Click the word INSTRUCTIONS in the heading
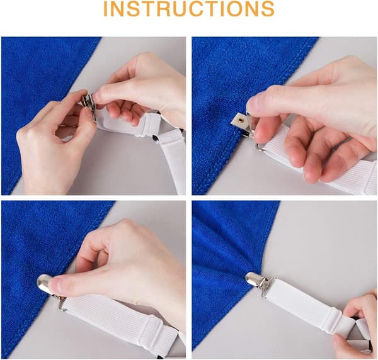coord(189,9)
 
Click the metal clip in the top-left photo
coord(89,104)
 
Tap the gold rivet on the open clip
coord(240,119)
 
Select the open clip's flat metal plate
coord(239,119)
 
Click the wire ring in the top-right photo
coord(260,147)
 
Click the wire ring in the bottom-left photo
coord(62,305)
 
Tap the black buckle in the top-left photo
coord(155,138)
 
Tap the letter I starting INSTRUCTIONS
coord(106,9)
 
